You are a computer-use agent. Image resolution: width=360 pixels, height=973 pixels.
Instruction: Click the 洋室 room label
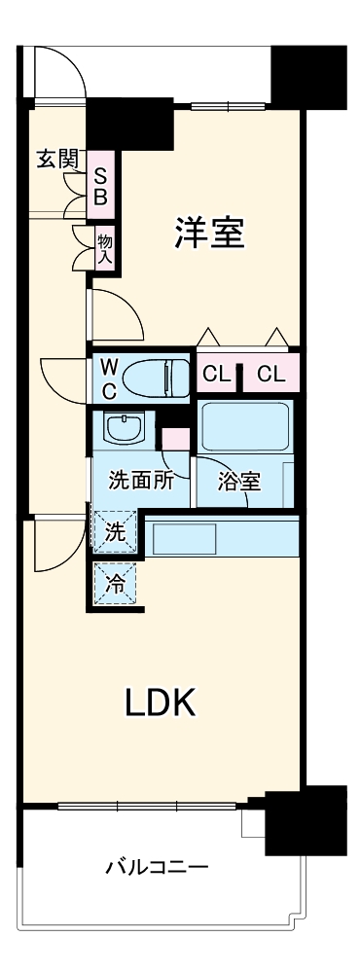(x=208, y=234)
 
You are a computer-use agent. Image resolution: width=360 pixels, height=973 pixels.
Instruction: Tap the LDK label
(x=162, y=702)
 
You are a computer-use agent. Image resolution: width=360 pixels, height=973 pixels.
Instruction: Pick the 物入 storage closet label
(x=105, y=248)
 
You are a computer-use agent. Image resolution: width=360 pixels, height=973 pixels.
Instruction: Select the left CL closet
(x=216, y=374)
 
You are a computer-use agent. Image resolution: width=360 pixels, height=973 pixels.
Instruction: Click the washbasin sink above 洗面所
(x=124, y=427)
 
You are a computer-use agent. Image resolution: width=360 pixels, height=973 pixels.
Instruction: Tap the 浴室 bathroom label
(x=237, y=481)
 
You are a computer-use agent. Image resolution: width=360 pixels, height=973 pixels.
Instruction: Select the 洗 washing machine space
(x=115, y=532)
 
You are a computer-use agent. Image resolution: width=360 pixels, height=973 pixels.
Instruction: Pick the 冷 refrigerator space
(x=115, y=585)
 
